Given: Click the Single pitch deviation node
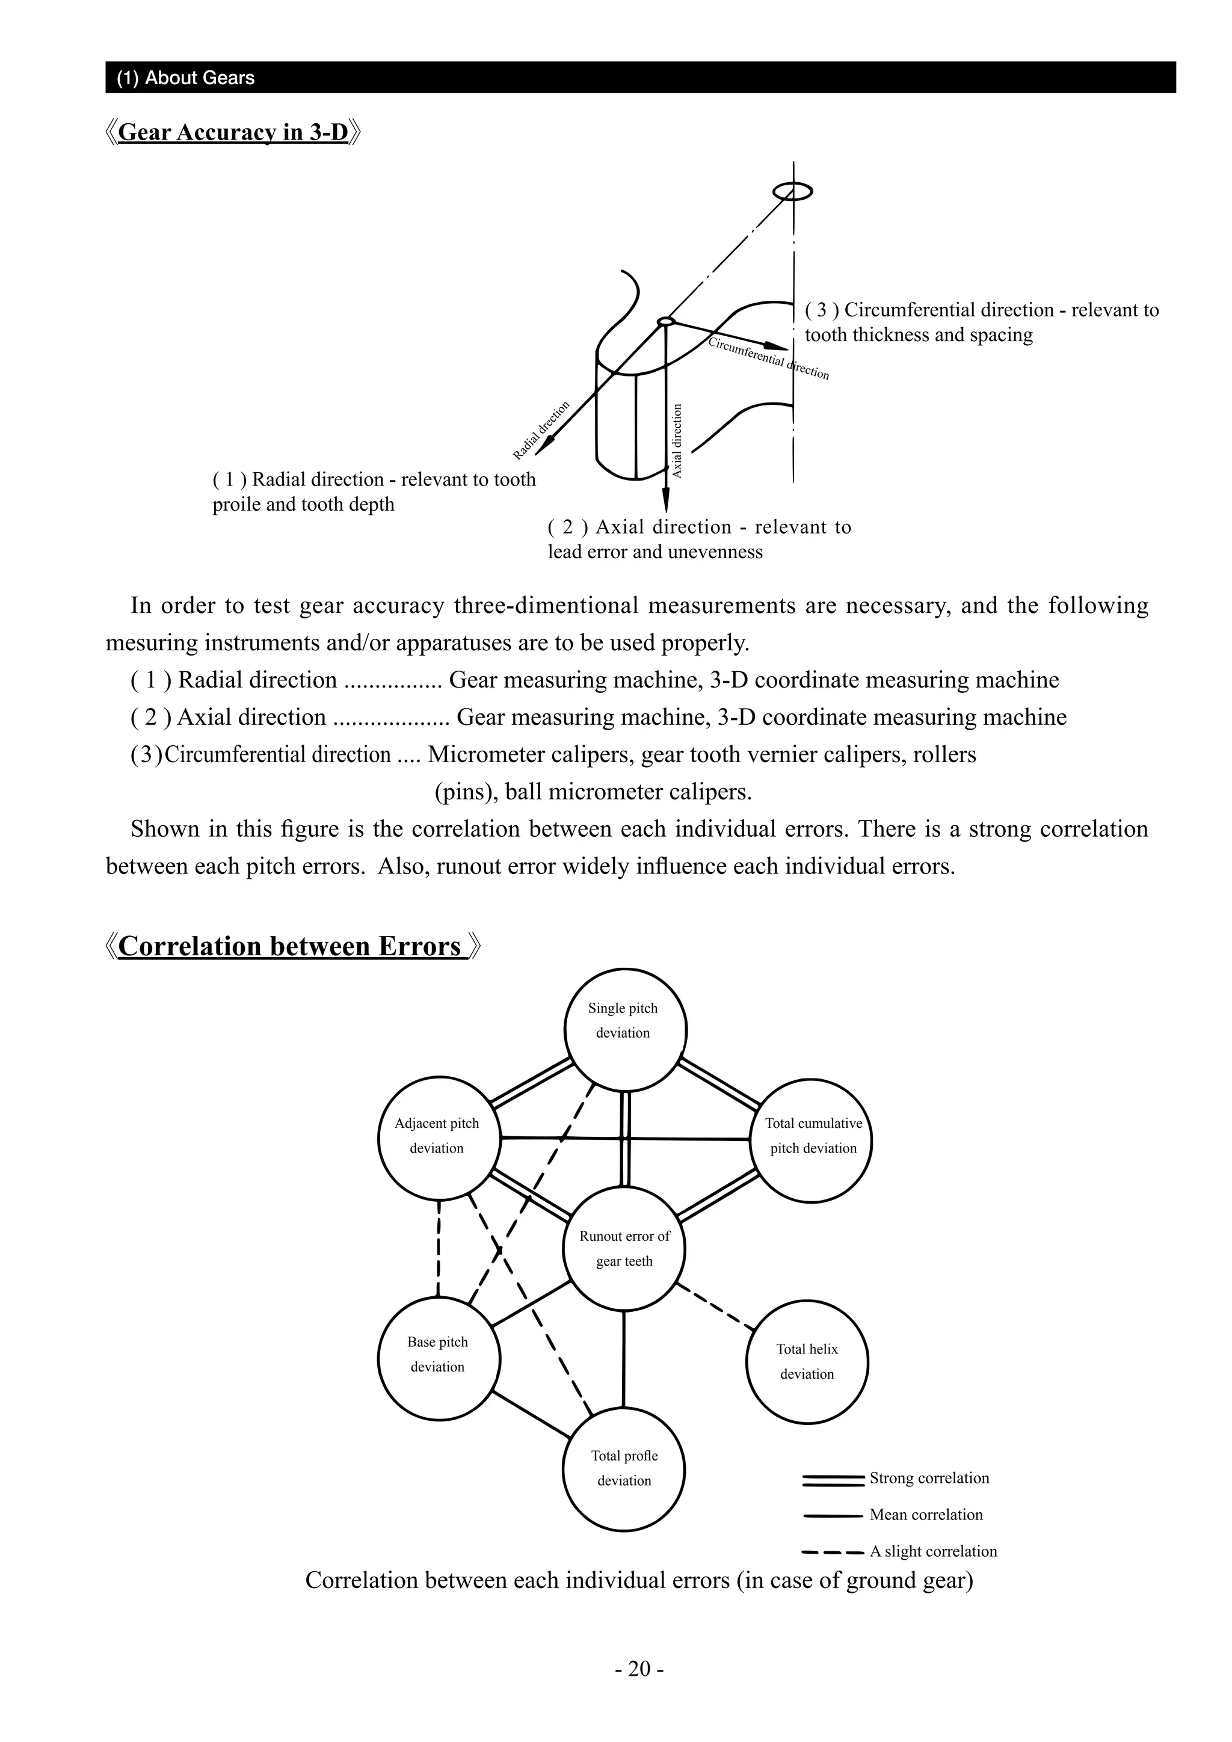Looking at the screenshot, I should tap(625, 1030).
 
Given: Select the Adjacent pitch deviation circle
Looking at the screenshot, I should tap(439, 1138).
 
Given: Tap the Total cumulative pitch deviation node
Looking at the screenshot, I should tap(811, 1140).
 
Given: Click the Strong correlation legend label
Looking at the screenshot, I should tap(929, 1478).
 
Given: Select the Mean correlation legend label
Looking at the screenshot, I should tap(926, 1515).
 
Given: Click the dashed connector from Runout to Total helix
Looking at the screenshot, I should tap(715, 1306).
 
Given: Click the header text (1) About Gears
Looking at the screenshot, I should tap(186, 78).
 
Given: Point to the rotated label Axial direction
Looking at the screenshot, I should tap(677, 440).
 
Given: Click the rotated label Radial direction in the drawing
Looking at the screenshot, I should tap(541, 430).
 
